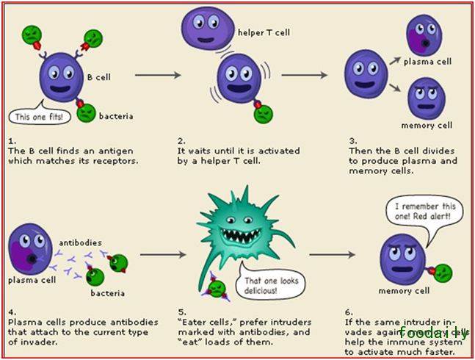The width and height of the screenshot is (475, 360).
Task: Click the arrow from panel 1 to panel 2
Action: pos(158,74)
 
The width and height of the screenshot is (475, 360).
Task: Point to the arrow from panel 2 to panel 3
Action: pos(304,74)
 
